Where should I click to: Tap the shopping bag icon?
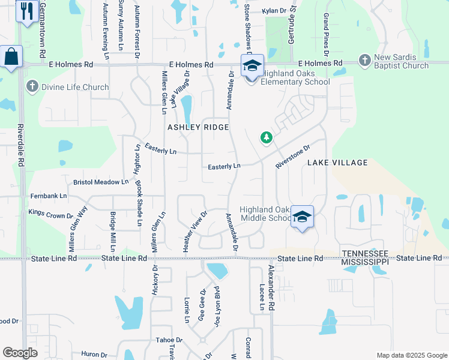click(x=11, y=58)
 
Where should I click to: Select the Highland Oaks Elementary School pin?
click(x=252, y=65)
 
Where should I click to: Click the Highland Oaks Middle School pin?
click(x=302, y=217)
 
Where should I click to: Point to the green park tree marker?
click(x=267, y=139)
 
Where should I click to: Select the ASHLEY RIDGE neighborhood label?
click(x=198, y=127)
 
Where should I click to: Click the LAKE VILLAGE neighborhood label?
click(x=337, y=163)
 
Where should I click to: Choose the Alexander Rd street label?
click(x=272, y=287)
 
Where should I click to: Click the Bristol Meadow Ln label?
click(x=101, y=181)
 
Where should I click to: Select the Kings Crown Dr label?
click(x=50, y=213)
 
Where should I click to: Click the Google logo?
click(x=20, y=353)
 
